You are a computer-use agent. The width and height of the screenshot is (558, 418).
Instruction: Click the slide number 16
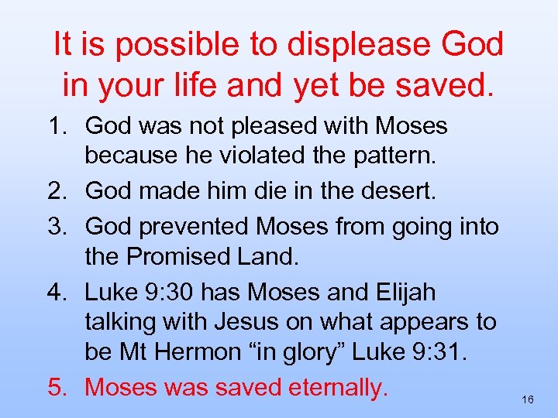coord(528,399)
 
